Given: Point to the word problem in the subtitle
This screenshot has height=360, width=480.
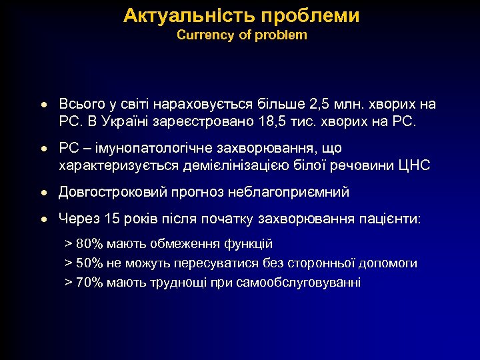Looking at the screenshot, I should (283, 35).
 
